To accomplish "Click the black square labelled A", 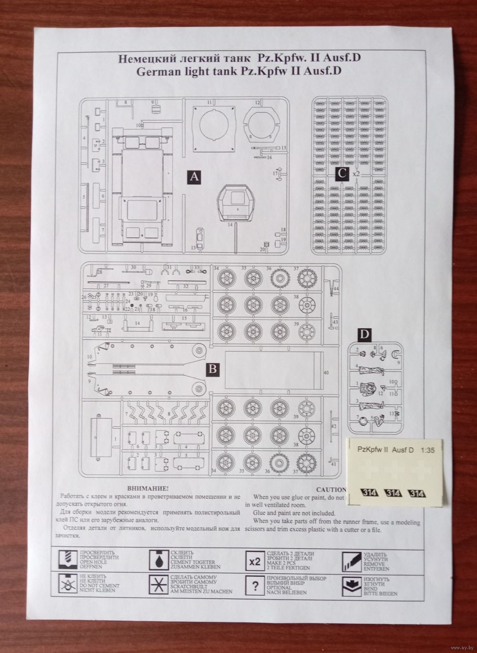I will [x=193, y=177].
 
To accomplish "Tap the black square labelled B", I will [x=213, y=369].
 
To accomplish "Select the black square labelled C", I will [x=342, y=174].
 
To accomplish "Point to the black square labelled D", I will [x=364, y=335].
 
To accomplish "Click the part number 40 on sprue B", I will [x=326, y=372].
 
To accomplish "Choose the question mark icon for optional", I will [x=255, y=586].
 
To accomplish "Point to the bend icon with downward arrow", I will [x=352, y=586].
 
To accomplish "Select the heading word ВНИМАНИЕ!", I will [x=148, y=489].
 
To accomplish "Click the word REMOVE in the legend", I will [x=375, y=564].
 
